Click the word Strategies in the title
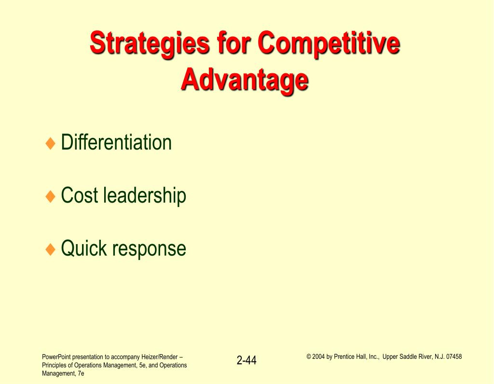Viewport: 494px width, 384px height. click(x=150, y=43)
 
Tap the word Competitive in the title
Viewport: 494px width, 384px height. click(x=329, y=43)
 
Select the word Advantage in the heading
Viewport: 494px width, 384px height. click(x=245, y=81)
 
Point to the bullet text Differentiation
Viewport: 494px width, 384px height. click(x=116, y=142)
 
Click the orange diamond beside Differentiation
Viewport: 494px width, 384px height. click(x=50, y=143)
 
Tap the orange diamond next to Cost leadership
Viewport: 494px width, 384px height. click(x=50, y=196)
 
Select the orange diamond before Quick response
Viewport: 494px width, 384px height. click(x=50, y=249)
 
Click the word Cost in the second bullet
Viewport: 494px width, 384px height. click(x=80, y=195)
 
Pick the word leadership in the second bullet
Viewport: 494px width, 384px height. click(x=145, y=196)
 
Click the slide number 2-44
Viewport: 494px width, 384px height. click(x=247, y=360)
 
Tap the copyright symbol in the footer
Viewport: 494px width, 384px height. click(x=309, y=357)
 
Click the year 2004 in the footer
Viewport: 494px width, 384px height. click(x=318, y=357)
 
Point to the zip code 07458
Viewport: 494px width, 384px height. click(x=454, y=357)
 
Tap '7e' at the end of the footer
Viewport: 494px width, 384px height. click(x=81, y=373)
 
